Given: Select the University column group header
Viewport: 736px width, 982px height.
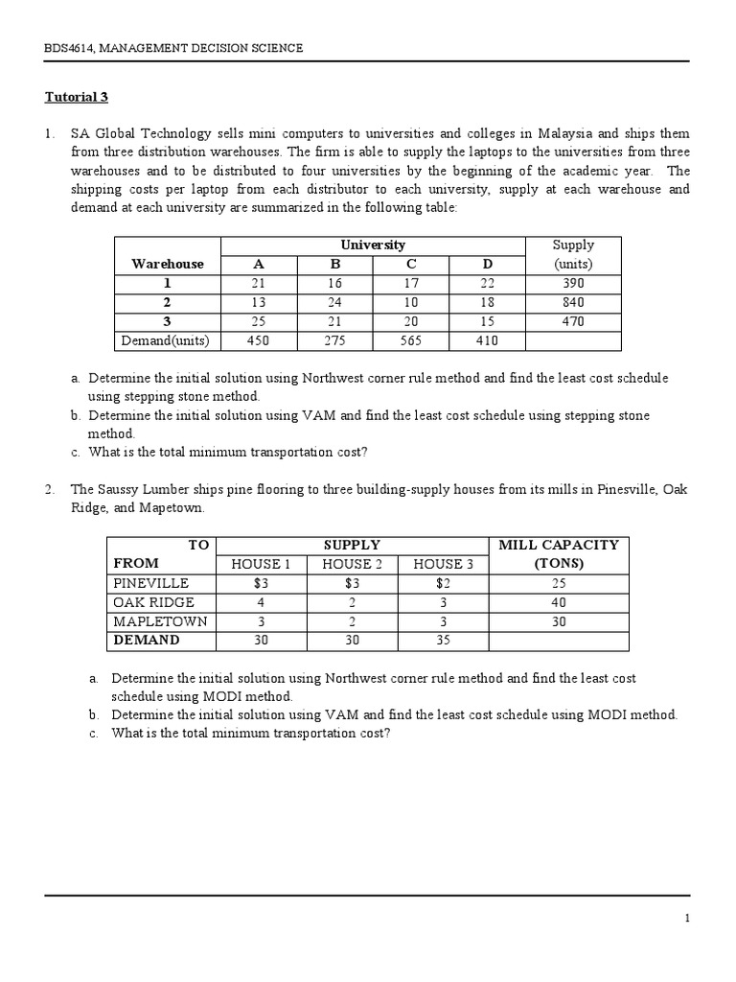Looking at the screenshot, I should coord(373,245).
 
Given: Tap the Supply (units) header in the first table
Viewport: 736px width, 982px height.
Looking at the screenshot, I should coord(573,254).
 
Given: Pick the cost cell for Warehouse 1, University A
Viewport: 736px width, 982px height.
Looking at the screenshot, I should coord(259,284).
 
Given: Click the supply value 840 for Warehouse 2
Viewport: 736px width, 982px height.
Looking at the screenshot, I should coord(573,303).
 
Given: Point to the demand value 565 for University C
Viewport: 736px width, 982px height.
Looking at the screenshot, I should coord(410,340).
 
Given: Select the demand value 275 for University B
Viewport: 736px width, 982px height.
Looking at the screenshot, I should coord(334,340).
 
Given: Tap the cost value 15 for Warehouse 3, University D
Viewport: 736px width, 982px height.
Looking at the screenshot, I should coord(486,321).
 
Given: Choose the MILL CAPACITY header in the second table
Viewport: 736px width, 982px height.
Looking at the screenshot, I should coord(559,553).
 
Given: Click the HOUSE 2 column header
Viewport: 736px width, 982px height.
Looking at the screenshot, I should coord(353,564).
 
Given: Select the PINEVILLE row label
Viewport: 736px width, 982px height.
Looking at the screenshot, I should coord(150,583).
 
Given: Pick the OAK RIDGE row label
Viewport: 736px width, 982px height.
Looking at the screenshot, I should coord(153,602).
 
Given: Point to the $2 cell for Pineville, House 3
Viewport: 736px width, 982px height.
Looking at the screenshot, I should coord(443,583).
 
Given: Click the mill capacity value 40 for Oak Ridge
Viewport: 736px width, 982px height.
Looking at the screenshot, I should coord(559,602).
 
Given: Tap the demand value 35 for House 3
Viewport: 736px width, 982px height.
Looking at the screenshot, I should coord(443,640).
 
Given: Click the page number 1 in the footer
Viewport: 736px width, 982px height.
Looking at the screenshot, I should coord(687,919).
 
